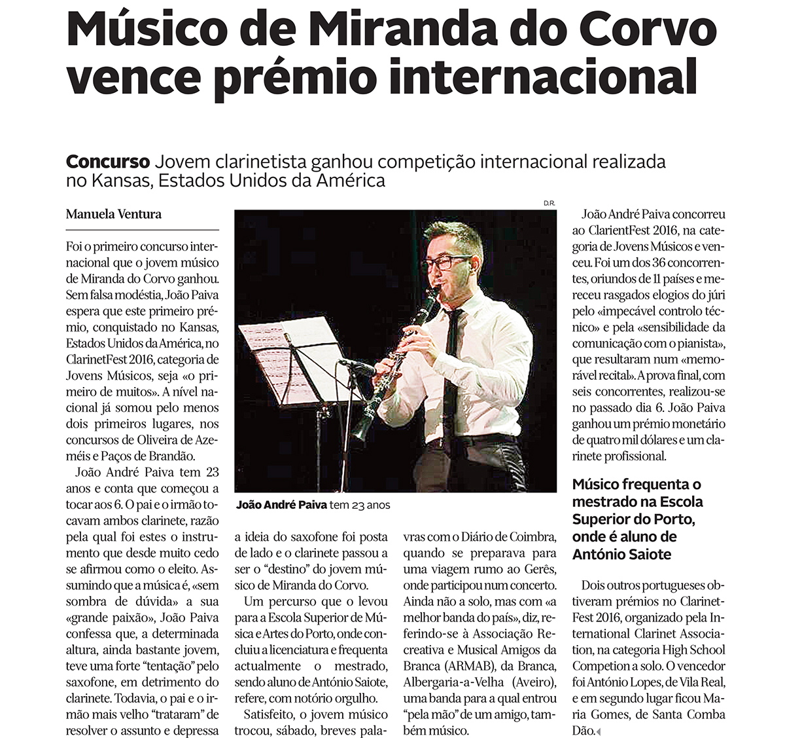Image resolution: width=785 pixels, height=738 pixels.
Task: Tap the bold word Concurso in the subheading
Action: click(108, 162)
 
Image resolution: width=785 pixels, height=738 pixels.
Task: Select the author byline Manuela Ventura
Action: click(114, 214)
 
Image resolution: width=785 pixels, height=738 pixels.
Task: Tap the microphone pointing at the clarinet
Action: click(357, 367)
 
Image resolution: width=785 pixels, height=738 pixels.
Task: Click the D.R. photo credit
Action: click(549, 204)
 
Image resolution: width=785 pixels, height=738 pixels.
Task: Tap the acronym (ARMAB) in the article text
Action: click(461, 666)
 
